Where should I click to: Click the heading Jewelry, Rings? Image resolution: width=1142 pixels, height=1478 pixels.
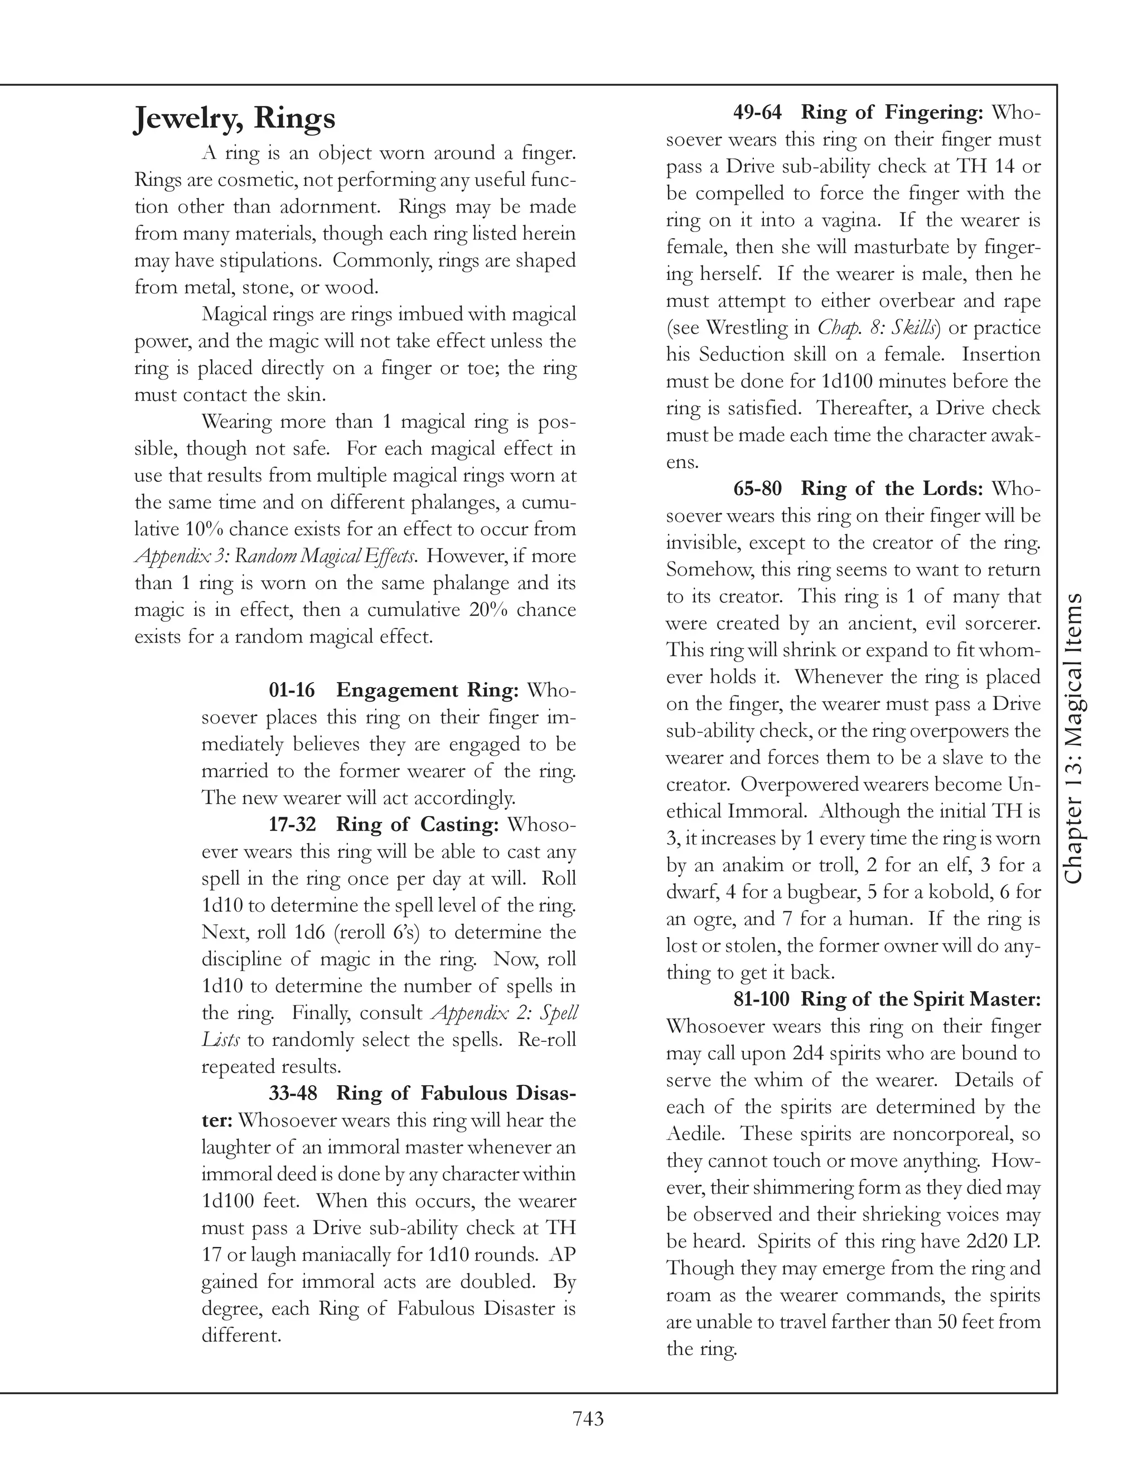coord(234,118)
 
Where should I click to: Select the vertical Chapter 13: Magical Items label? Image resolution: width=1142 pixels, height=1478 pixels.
coord(1073,738)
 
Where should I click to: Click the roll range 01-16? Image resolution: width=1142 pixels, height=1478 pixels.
coord(292,690)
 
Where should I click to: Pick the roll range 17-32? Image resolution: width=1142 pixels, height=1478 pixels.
coord(292,824)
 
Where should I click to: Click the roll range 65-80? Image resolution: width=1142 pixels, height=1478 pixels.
coord(757,489)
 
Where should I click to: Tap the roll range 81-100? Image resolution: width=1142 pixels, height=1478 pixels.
coord(761,999)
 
